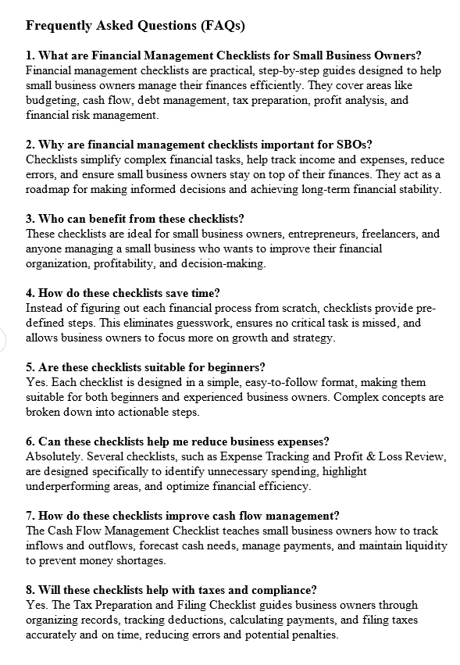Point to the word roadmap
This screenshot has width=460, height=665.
(51, 189)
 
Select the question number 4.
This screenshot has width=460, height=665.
(30, 293)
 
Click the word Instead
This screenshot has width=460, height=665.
(45, 308)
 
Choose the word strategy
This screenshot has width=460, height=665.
(312, 338)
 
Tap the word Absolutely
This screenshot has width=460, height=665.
(56, 456)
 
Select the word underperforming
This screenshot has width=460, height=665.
(73, 486)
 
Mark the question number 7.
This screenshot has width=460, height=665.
(30, 516)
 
